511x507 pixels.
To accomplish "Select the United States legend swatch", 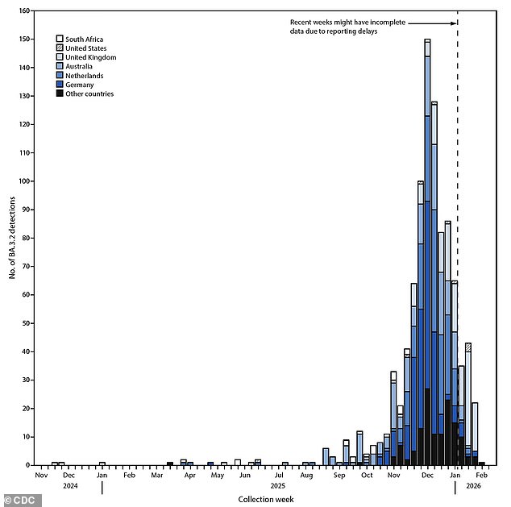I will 60,48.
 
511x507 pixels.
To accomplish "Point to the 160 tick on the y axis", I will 30,11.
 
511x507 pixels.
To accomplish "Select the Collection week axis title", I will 265,500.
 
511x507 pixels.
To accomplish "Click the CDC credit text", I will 22,501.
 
